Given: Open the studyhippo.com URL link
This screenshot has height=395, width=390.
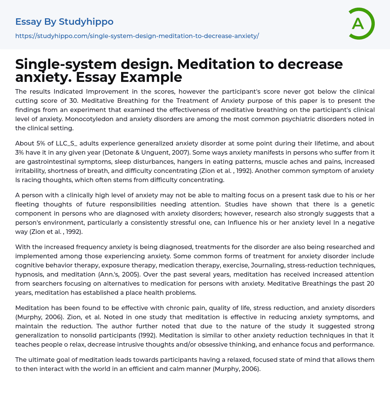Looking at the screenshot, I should [x=137, y=36].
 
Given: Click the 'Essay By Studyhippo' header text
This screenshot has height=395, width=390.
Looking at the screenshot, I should [x=64, y=22].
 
